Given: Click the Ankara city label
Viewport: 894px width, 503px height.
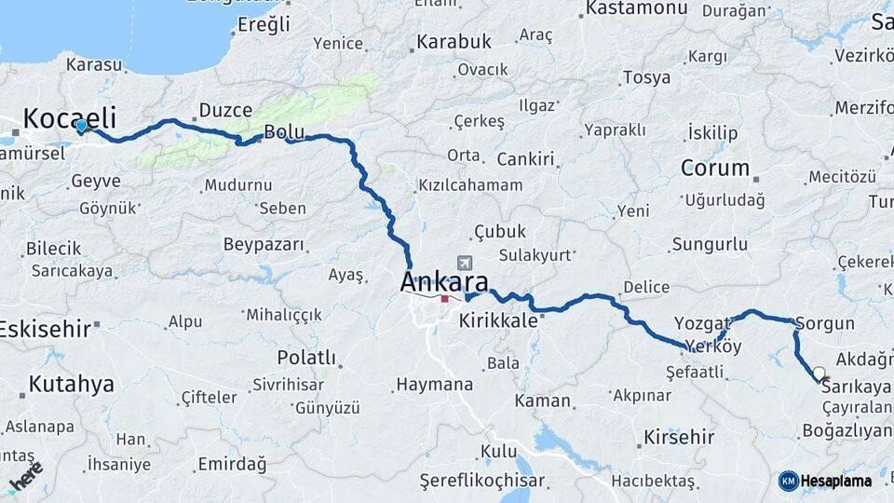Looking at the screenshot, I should (x=444, y=281).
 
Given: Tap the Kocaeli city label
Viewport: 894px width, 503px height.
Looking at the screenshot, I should (x=70, y=118).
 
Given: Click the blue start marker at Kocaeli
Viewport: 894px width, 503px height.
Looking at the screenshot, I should (x=82, y=126).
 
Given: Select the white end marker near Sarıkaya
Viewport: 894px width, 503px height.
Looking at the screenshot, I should (x=819, y=374).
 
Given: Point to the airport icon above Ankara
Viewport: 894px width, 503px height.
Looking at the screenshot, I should (x=465, y=263).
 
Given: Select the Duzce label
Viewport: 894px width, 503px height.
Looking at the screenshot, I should (x=225, y=111).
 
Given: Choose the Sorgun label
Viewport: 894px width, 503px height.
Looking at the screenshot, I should (x=825, y=324).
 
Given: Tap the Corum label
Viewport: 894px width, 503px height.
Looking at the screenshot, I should (x=715, y=169).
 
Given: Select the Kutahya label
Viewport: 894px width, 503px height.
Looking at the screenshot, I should (x=71, y=384).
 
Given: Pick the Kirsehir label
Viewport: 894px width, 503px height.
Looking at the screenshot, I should (x=679, y=437).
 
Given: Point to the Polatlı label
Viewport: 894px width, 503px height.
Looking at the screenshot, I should (x=306, y=358).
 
